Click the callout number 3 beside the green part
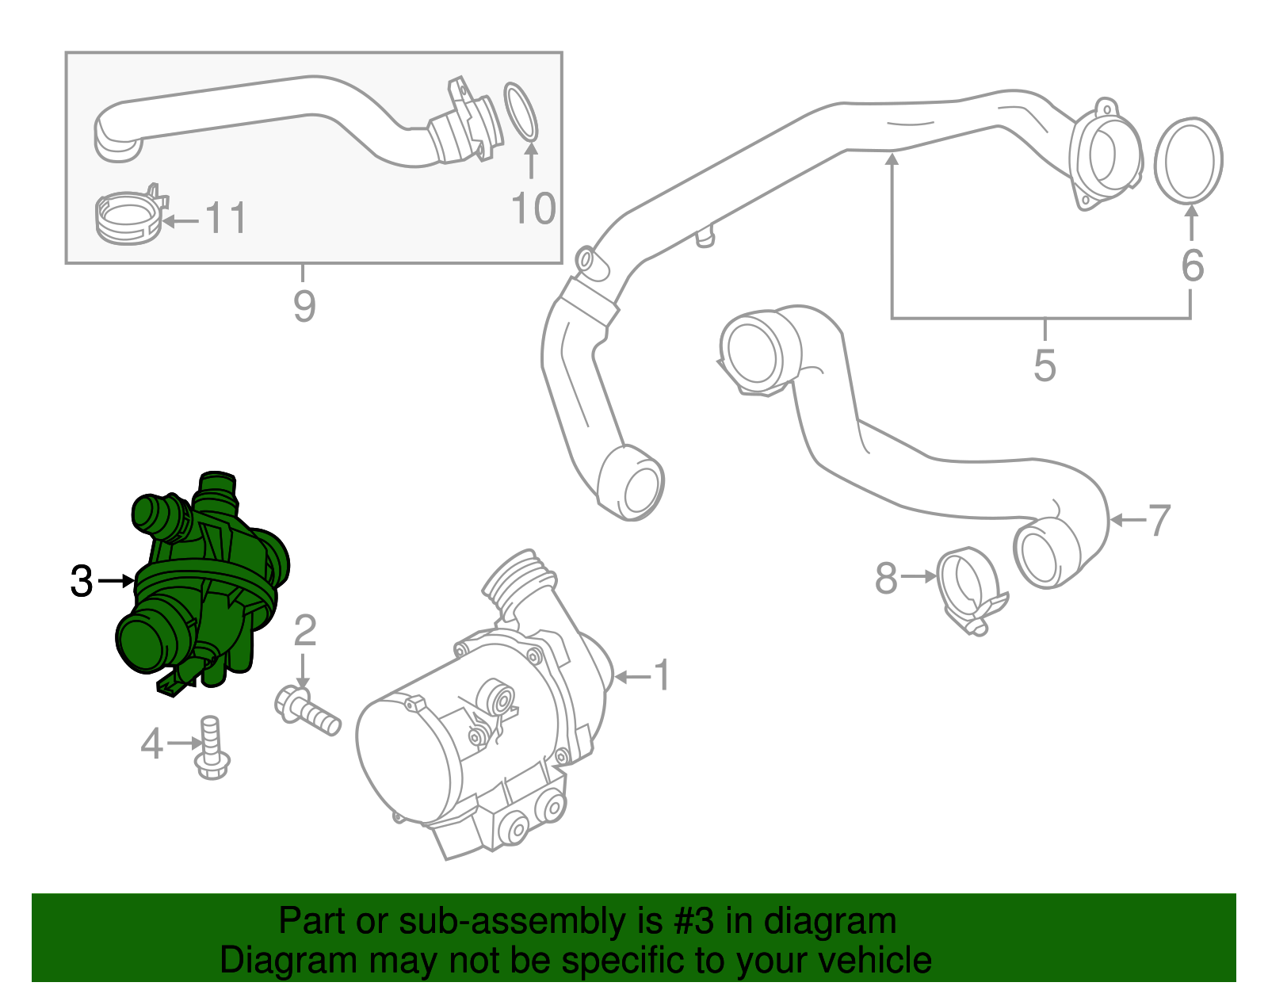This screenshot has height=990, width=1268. (82, 581)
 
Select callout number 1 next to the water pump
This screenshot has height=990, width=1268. (662, 676)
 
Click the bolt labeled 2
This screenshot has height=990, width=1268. (307, 712)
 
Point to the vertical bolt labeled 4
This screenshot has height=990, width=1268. (211, 748)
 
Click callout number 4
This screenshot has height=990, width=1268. (151, 743)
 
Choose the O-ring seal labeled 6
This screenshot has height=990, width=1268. (1188, 160)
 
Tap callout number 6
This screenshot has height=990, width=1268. (1192, 266)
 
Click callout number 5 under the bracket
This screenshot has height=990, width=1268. (1045, 365)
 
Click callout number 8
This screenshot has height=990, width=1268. (886, 578)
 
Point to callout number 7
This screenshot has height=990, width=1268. (1159, 521)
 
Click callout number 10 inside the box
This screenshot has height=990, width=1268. (533, 208)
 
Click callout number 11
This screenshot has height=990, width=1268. (226, 218)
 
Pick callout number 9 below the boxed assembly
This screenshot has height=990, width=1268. (304, 305)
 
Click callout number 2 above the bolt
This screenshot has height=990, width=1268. (305, 631)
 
